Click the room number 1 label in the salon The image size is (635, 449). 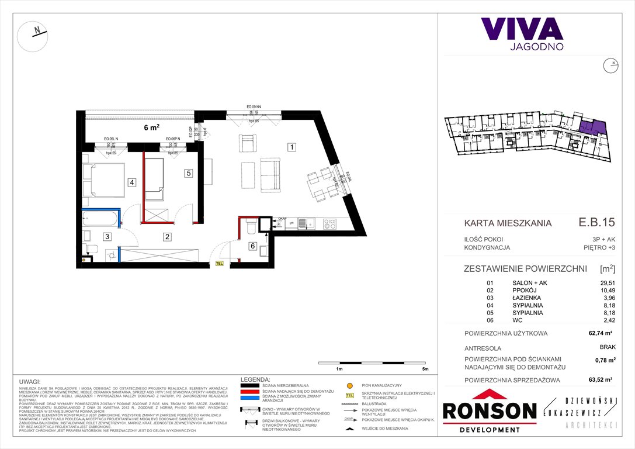coord(290,147)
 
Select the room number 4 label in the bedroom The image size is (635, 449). coord(133,182)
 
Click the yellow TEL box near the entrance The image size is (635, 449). coord(220,264)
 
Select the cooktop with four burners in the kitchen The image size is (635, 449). coord(329,223)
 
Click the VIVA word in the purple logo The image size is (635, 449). coord(522,29)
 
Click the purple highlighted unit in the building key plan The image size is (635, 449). coord(593,127)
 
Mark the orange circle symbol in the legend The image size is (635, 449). coord(349,386)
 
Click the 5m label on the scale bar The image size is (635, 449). coord(425,369)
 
